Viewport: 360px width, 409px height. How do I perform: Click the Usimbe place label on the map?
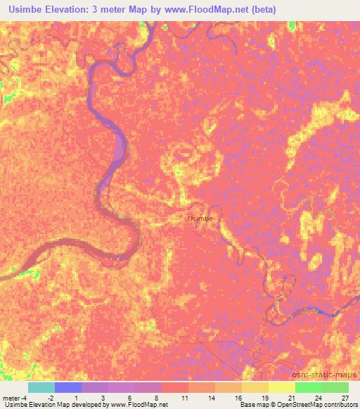tap(200, 219)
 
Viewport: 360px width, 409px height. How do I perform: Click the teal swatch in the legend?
tap(41, 387)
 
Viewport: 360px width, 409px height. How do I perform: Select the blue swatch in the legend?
tap(68, 387)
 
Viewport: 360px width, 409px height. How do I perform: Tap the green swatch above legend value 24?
tap(309, 387)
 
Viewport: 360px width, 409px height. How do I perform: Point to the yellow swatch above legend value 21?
tap(282, 387)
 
